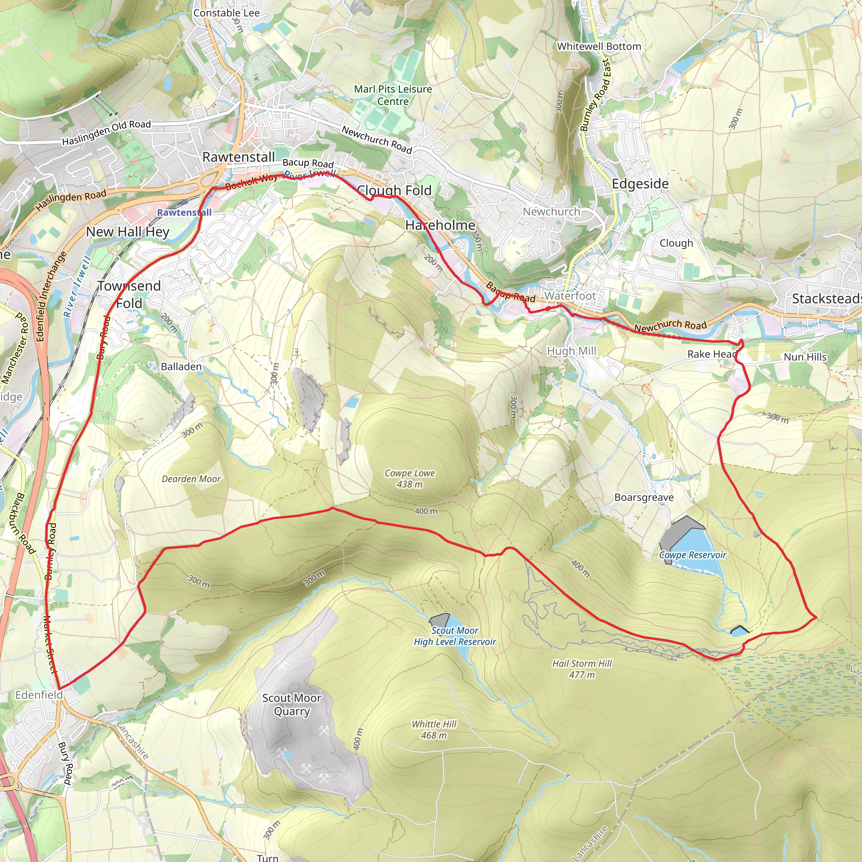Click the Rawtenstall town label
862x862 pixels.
tap(239, 157)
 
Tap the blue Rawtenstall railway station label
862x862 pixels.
tap(184, 213)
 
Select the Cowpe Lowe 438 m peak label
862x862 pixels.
tap(410, 478)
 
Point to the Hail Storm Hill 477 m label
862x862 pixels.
tap(582, 669)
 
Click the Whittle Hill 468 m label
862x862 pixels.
tap(434, 729)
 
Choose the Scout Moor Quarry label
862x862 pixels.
tap(291, 704)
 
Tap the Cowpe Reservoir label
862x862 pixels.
tap(692, 555)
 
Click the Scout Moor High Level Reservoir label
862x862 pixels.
tap(455, 636)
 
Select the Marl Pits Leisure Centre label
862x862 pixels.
tap(393, 95)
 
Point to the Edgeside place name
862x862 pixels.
tap(640, 184)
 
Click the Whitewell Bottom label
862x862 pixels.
tap(599, 46)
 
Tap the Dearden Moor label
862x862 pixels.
tap(191, 479)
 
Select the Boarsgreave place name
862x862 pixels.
tap(644, 497)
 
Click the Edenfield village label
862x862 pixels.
tap(39, 694)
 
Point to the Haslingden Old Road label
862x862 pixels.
tap(106, 133)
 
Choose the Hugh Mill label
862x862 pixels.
tap(572, 351)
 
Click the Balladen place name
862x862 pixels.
tap(181, 366)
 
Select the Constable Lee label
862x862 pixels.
tap(226, 13)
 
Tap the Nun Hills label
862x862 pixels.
tap(805, 357)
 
